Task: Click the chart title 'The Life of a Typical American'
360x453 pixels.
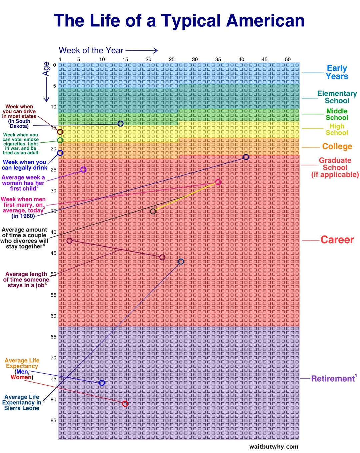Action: click(x=179, y=21)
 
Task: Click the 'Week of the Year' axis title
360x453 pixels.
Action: click(x=91, y=50)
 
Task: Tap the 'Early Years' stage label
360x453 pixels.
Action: click(x=337, y=72)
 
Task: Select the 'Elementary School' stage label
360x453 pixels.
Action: click(x=337, y=97)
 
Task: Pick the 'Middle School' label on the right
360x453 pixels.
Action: click(x=337, y=114)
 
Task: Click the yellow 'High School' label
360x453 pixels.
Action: click(x=337, y=129)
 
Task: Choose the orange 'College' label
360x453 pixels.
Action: click(x=337, y=146)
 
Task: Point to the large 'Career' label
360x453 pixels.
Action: click(x=337, y=240)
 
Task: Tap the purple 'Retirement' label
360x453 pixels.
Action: click(x=333, y=379)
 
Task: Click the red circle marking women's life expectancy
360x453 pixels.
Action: click(x=125, y=404)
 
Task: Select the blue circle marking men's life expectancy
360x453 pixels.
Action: click(x=102, y=383)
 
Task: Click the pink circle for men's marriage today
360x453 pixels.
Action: click(x=218, y=182)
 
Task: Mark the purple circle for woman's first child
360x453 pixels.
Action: click(x=83, y=170)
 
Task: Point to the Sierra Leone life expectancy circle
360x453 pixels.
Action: click(x=181, y=262)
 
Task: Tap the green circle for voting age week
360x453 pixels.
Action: click(x=60, y=140)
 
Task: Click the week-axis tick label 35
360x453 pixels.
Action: click(x=218, y=59)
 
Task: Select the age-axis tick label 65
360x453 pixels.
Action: click(x=53, y=337)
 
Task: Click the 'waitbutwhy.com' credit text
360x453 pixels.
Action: click(x=274, y=447)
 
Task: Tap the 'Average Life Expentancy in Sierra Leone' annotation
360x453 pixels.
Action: click(x=22, y=402)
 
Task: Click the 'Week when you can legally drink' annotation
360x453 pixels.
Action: click(x=24, y=165)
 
